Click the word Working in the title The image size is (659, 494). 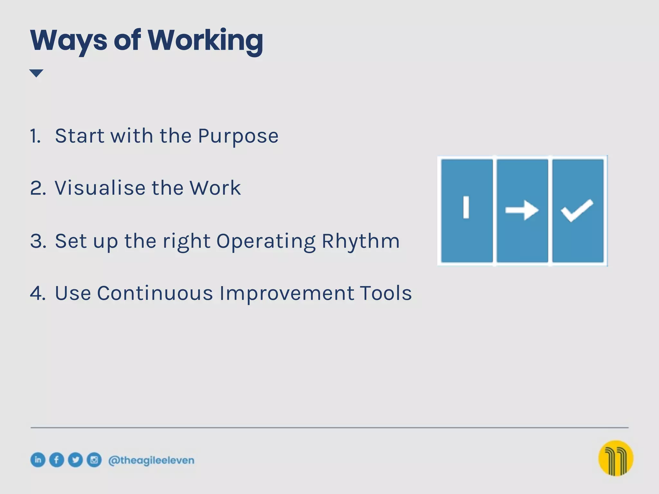205,41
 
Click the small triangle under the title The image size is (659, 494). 36,73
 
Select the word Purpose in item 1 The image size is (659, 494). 238,136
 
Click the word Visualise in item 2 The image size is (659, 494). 100,188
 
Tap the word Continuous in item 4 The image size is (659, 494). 155,293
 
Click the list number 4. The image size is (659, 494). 37,293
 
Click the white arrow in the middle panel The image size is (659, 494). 522,210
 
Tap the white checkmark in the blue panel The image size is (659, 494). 577,210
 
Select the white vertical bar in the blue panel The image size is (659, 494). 466,207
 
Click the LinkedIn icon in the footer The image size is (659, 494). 38,460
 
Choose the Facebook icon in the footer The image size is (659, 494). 57,460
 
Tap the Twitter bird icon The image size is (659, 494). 75,460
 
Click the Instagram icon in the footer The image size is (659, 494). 94,460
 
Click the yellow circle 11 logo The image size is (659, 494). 616,458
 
